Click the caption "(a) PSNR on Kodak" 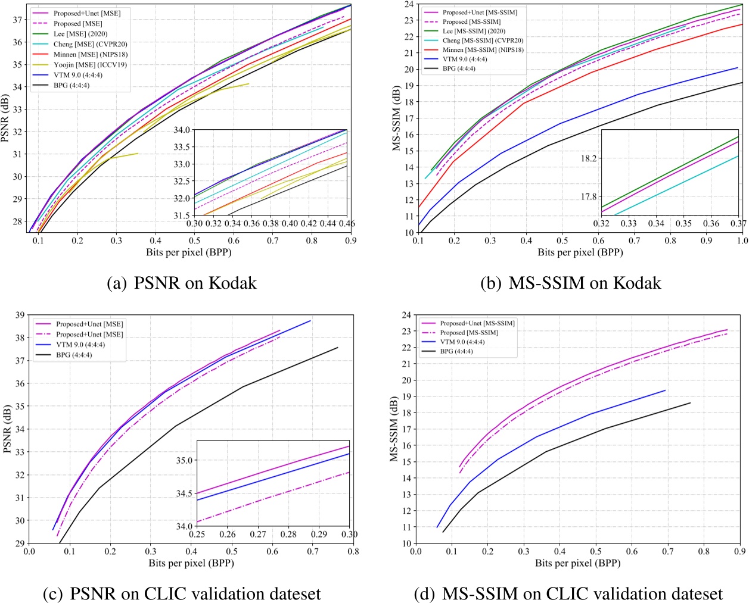coord(181,283)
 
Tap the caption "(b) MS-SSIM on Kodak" coord(570,283)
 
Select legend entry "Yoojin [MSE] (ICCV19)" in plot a coord(90,65)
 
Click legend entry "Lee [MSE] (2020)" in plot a coord(80,34)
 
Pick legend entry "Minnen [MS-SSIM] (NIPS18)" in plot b coord(483,50)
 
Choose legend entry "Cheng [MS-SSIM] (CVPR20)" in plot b coord(483,40)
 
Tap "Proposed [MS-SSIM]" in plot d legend coord(469,333)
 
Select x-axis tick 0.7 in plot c coord(313,551)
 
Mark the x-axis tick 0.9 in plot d coord(739,551)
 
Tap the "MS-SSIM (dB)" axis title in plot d coord(394,429)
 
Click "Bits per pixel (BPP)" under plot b coord(580,252)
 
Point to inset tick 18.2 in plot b coord(589,158)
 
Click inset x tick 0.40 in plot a coord(290,223)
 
